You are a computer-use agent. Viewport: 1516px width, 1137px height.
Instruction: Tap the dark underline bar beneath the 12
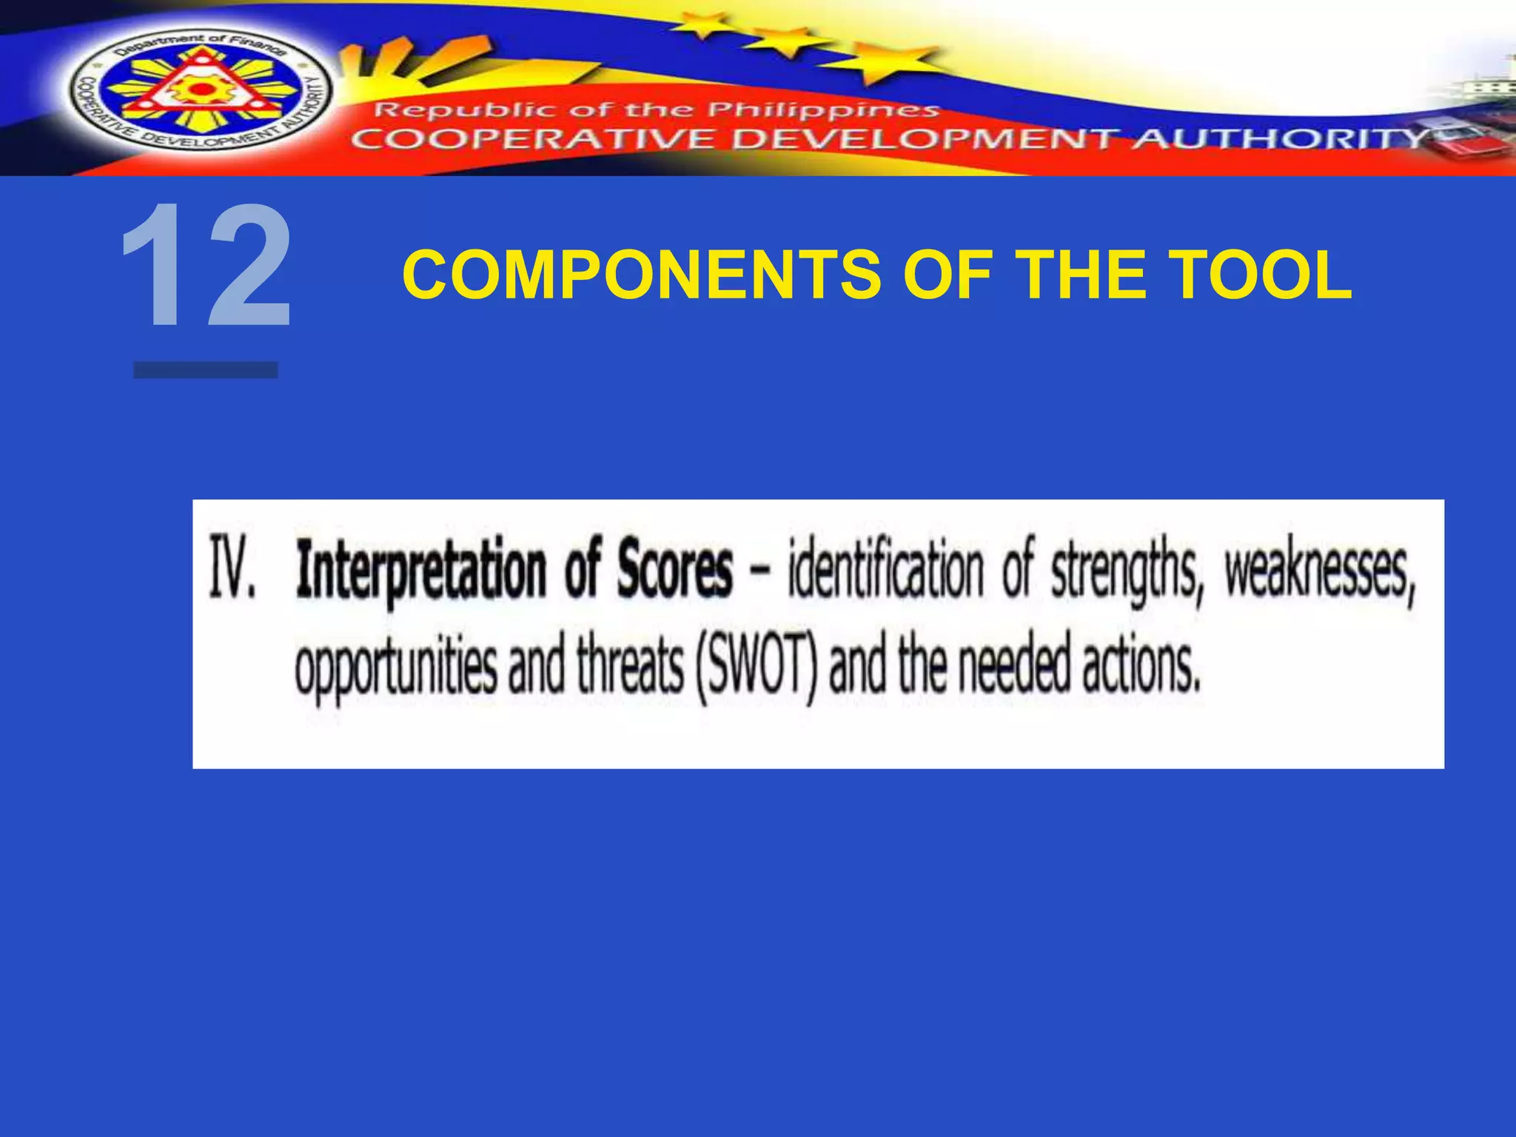(206, 370)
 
